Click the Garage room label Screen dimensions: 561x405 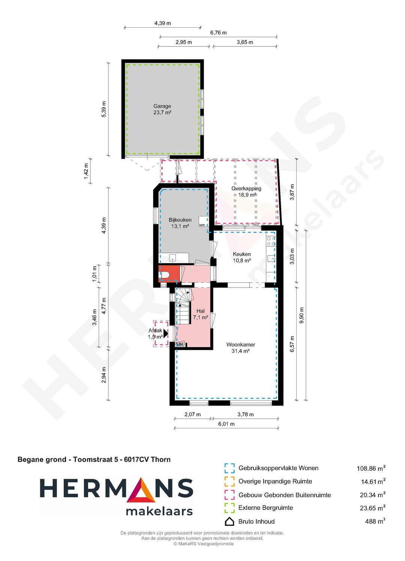pos(162,106)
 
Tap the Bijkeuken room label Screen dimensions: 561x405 pos(180,220)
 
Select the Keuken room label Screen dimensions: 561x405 pos(241,254)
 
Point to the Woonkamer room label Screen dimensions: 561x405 pos(241,345)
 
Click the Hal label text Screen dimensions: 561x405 pos(201,311)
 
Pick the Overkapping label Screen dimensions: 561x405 pos(246,189)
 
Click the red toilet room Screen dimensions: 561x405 pos(169,273)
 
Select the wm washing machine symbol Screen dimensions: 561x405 pos(202,225)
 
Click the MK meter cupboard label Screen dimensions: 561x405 pos(180,345)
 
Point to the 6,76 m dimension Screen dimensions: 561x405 pos(218,33)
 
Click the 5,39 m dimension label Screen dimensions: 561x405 pos(104,109)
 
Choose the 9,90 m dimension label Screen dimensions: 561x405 pos(302,315)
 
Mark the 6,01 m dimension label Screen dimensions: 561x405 pos(226,424)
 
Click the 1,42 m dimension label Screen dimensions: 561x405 pos(86,171)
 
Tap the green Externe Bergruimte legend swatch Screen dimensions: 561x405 pos(229,508)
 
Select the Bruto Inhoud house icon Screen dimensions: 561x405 pos(229,521)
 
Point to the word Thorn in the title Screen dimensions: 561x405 pos(160,460)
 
